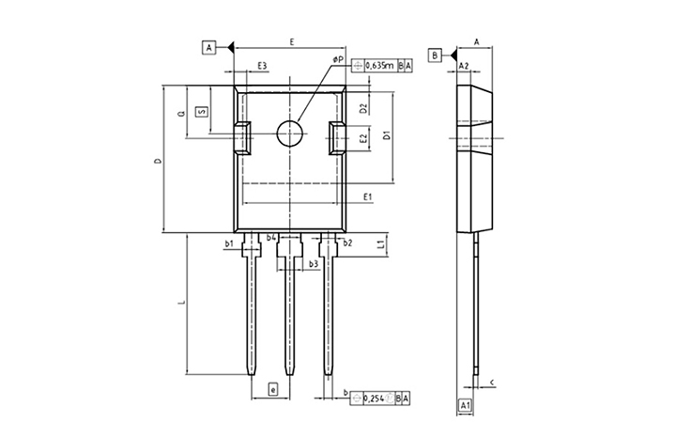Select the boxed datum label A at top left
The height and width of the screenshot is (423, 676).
(x=208, y=46)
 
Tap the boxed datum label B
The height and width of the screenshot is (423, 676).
(x=435, y=55)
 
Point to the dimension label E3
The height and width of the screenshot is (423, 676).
(x=263, y=66)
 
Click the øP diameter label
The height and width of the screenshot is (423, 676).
(x=338, y=60)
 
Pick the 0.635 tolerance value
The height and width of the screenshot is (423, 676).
(x=379, y=66)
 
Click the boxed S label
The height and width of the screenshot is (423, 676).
(x=201, y=111)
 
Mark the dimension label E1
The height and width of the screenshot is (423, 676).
(x=368, y=196)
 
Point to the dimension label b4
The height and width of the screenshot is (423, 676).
(x=271, y=239)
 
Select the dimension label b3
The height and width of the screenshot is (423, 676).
(x=314, y=265)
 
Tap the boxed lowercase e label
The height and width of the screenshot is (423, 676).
(x=272, y=389)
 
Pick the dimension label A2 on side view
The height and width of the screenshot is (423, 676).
(x=464, y=66)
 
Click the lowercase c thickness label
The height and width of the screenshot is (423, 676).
(x=494, y=382)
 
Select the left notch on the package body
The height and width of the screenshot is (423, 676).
(x=243, y=138)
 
